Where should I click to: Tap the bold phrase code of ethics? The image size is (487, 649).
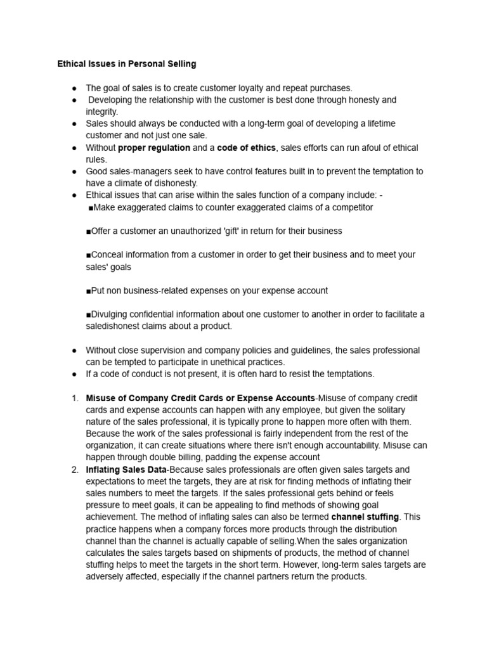pos(246,148)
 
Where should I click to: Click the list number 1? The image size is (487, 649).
pos(74,398)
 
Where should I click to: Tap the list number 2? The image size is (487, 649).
pos(74,470)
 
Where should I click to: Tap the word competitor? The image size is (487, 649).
pos(351,207)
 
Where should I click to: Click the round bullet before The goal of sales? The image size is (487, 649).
pos(75,88)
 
